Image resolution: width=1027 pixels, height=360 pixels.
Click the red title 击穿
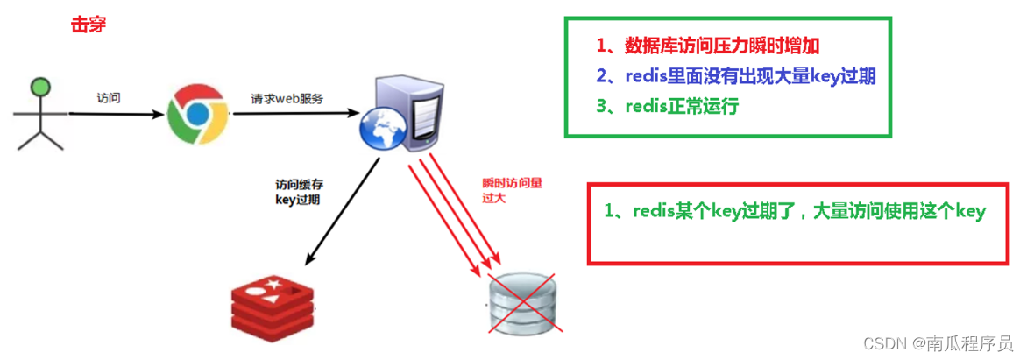(89, 25)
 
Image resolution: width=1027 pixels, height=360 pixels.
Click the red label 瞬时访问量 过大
(513, 190)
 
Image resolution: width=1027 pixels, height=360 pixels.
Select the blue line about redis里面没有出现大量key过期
(736, 76)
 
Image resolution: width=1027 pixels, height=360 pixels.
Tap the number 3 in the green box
(602, 107)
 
